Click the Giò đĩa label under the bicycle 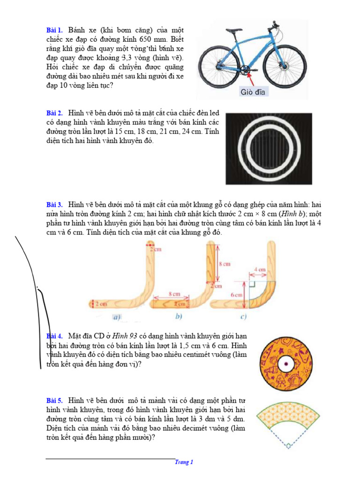253,92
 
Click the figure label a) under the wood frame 117,317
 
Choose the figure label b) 179,317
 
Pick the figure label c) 243,317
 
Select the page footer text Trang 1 184,462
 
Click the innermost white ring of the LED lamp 269,147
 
